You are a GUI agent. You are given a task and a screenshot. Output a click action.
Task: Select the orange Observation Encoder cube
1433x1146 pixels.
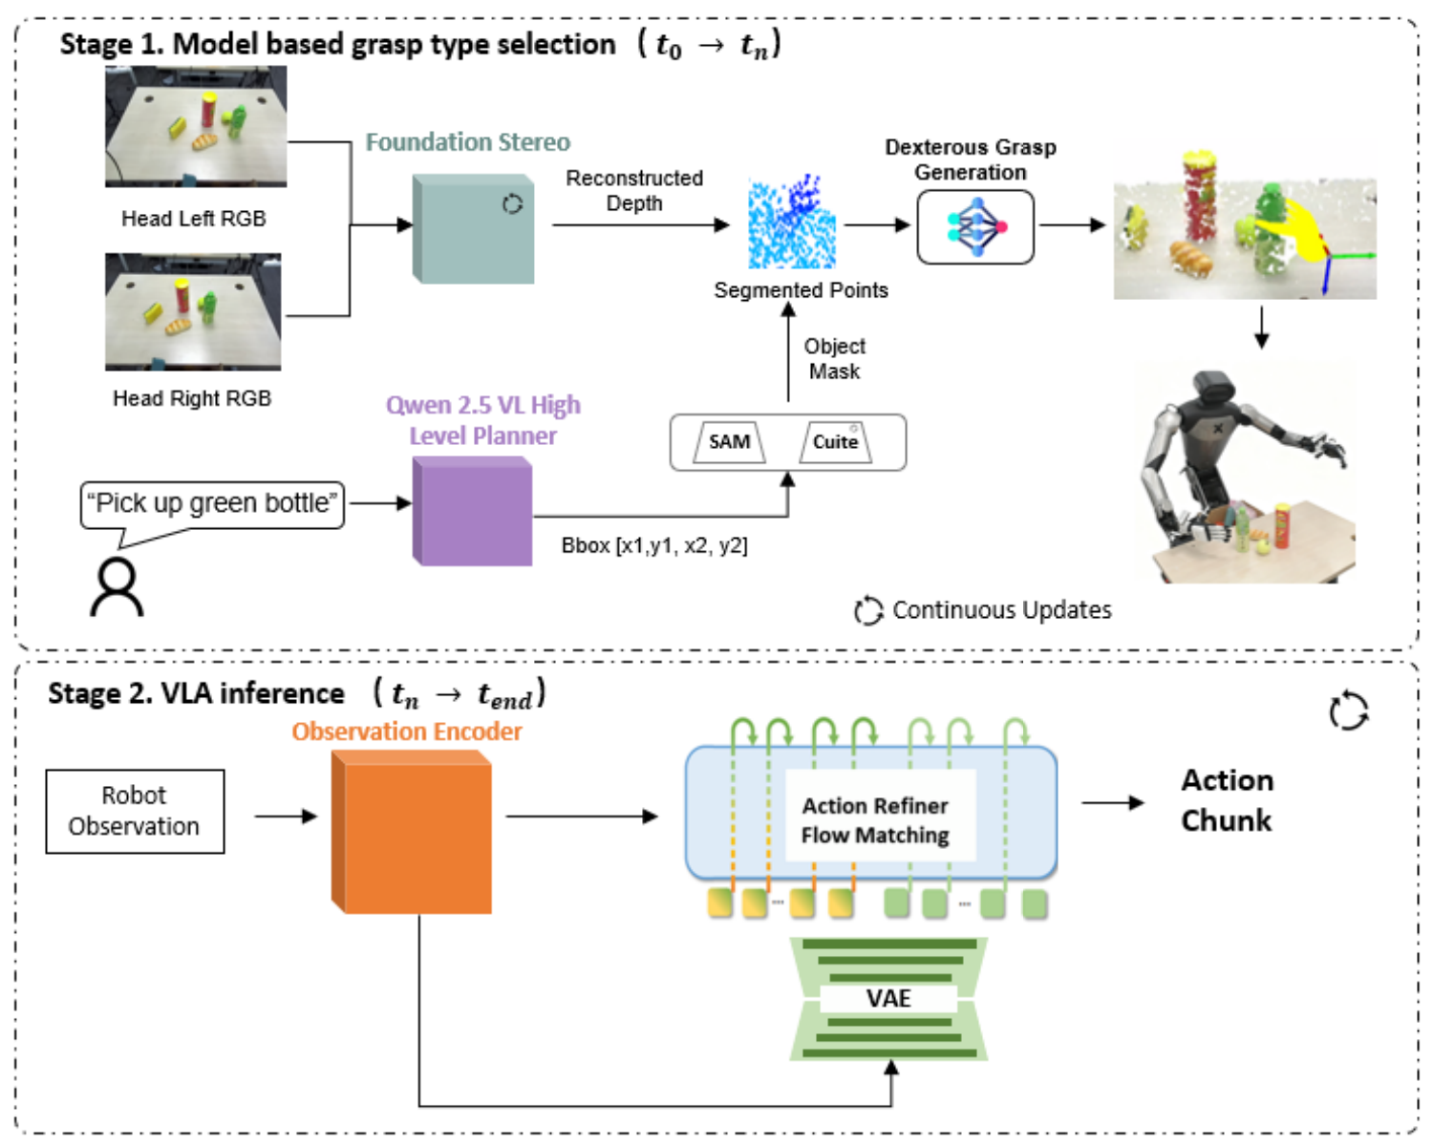pyautogui.click(x=413, y=833)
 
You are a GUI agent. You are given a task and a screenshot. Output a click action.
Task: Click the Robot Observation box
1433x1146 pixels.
pyautogui.click(x=135, y=811)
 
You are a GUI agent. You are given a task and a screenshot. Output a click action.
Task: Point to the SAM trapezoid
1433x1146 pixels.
pyautogui.click(x=730, y=442)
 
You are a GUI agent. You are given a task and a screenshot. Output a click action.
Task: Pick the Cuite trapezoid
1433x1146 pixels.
pyautogui.click(x=835, y=442)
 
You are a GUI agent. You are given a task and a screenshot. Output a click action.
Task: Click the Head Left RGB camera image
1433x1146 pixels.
pyautogui.click(x=196, y=126)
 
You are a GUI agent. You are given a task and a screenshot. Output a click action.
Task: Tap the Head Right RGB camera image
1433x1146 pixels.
pyautogui.click(x=193, y=311)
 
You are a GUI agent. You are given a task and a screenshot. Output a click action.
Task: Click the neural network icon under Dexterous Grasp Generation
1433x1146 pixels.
pyautogui.click(x=975, y=227)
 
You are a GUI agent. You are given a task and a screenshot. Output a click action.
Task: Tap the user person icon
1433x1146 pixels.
pyautogui.click(x=117, y=587)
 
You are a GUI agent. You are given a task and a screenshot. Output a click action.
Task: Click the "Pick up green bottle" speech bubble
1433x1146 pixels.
pyautogui.click(x=212, y=504)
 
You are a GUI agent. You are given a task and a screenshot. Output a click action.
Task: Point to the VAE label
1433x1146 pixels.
pyautogui.click(x=888, y=999)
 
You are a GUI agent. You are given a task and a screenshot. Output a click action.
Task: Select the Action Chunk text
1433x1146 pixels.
pyautogui.click(x=1227, y=800)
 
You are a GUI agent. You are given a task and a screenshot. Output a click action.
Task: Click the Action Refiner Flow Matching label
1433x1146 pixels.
pyautogui.click(x=875, y=820)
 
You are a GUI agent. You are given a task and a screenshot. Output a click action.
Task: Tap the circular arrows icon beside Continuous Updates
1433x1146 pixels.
pyautogui.click(x=867, y=610)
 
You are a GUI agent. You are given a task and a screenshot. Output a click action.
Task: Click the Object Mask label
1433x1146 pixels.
pyautogui.click(x=834, y=359)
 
